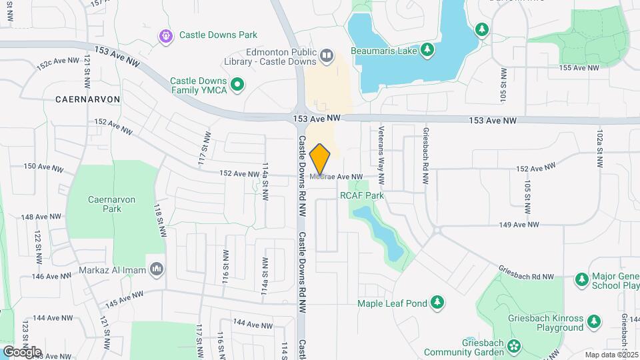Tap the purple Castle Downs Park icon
pos(165,35)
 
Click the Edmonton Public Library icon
pos(327,55)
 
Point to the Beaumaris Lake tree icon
pos(427,50)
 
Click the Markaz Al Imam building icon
pos(157,268)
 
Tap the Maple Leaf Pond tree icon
pos(437,303)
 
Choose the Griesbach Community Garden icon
pos(514,346)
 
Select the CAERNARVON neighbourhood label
pos(88,99)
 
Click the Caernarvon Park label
pos(104,203)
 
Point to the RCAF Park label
pos(362,195)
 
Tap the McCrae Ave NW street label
pos(337,177)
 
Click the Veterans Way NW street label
pos(382,155)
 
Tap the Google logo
pos(22,352)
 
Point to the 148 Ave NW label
pos(41,217)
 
